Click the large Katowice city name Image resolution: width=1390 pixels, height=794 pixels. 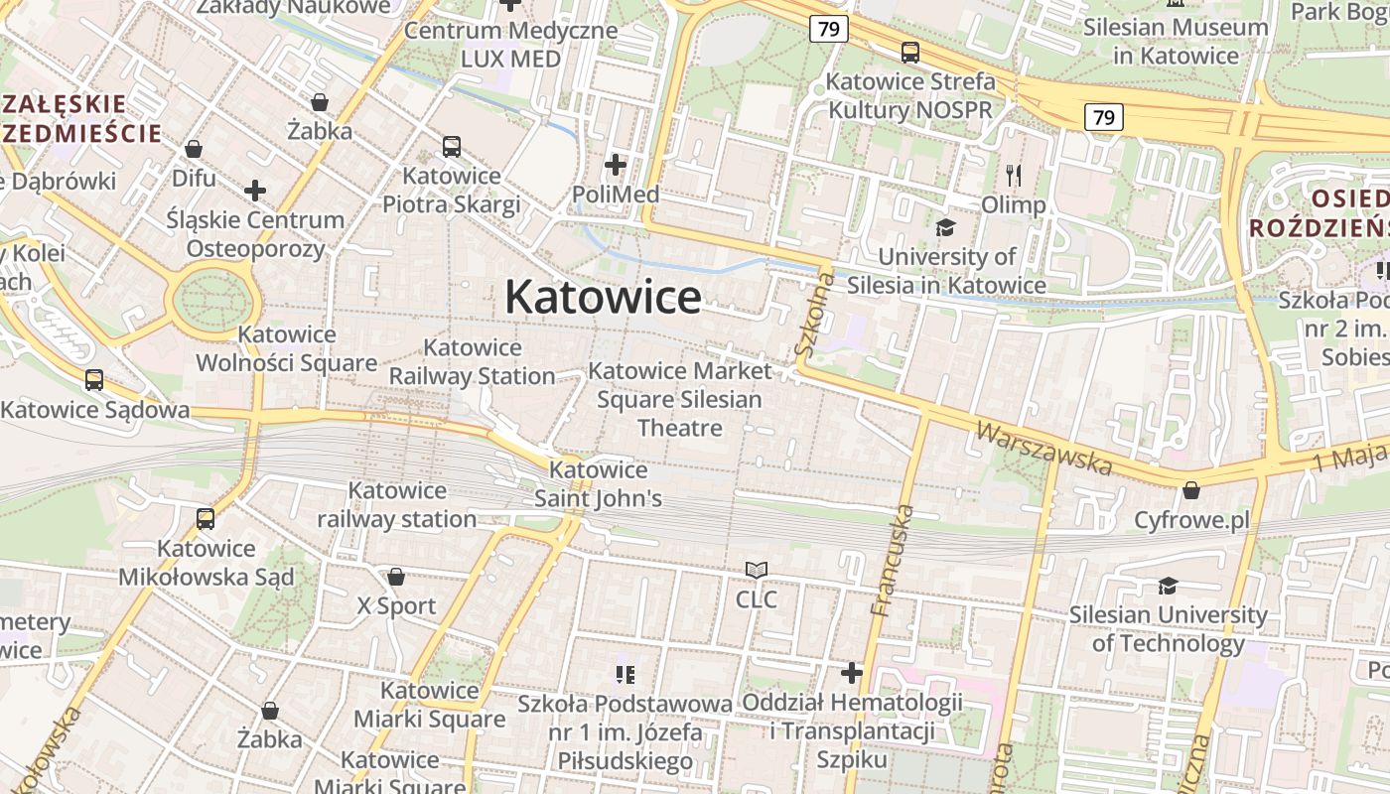click(x=603, y=297)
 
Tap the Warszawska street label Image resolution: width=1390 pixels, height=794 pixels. click(x=1044, y=448)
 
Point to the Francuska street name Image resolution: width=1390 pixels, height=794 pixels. click(x=890, y=561)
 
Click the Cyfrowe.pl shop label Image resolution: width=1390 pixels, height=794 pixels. click(x=1191, y=520)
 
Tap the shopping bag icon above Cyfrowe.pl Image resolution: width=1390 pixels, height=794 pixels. click(x=1190, y=490)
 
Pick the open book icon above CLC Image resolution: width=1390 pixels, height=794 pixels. click(x=757, y=570)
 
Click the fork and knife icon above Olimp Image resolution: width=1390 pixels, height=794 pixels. click(x=1014, y=176)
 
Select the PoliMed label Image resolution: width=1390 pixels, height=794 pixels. click(x=616, y=194)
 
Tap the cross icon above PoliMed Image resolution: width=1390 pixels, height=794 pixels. click(x=616, y=164)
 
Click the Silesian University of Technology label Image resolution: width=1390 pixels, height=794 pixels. click(x=1168, y=628)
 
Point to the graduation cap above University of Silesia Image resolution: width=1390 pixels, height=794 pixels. click(x=945, y=227)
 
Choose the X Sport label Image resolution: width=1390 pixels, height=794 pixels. click(x=396, y=605)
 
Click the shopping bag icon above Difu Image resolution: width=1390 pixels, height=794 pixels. click(x=194, y=149)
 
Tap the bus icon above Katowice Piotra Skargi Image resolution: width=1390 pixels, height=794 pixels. click(x=452, y=147)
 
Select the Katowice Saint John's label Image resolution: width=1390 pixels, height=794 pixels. click(x=598, y=483)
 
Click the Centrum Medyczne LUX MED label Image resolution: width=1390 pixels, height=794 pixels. click(x=510, y=44)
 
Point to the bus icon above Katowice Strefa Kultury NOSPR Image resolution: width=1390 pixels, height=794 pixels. click(x=909, y=53)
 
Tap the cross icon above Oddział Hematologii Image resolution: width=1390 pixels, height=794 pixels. click(x=852, y=673)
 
